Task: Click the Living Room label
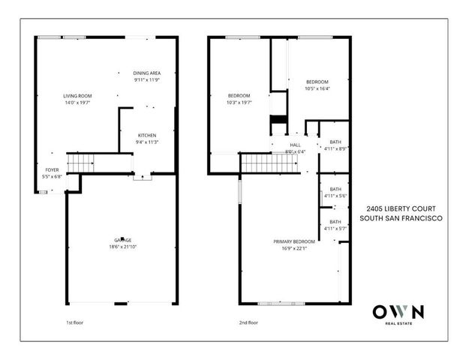(x=77, y=96)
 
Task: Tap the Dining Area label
(x=147, y=73)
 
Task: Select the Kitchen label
(x=147, y=135)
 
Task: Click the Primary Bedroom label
(x=293, y=241)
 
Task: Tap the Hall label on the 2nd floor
(x=296, y=145)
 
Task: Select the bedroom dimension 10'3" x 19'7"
(x=239, y=102)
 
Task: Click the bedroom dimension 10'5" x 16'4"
(x=317, y=88)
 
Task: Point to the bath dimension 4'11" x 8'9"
(x=335, y=148)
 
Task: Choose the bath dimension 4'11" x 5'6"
(x=335, y=195)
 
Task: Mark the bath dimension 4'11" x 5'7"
(x=335, y=228)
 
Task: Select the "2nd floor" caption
(x=248, y=323)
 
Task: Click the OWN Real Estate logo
(x=398, y=313)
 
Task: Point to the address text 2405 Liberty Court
(x=401, y=209)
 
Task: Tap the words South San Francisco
(x=401, y=218)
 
